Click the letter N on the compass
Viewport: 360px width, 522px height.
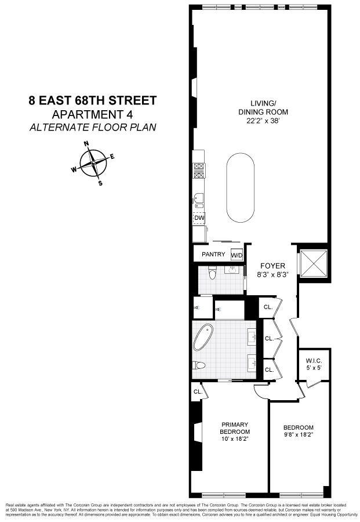coord(86,144)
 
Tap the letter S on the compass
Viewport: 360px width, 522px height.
coord(100,184)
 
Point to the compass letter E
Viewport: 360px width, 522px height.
coord(112,156)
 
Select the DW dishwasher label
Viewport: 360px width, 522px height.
coord(199,218)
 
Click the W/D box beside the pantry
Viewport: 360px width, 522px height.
coord(237,255)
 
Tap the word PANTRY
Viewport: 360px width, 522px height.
coord(213,255)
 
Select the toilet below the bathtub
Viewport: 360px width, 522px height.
coord(199,365)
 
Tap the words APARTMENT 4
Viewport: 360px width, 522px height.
coord(93,114)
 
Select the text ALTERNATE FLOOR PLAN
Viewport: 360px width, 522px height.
coord(93,127)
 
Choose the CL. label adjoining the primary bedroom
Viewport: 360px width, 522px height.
coord(197,391)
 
